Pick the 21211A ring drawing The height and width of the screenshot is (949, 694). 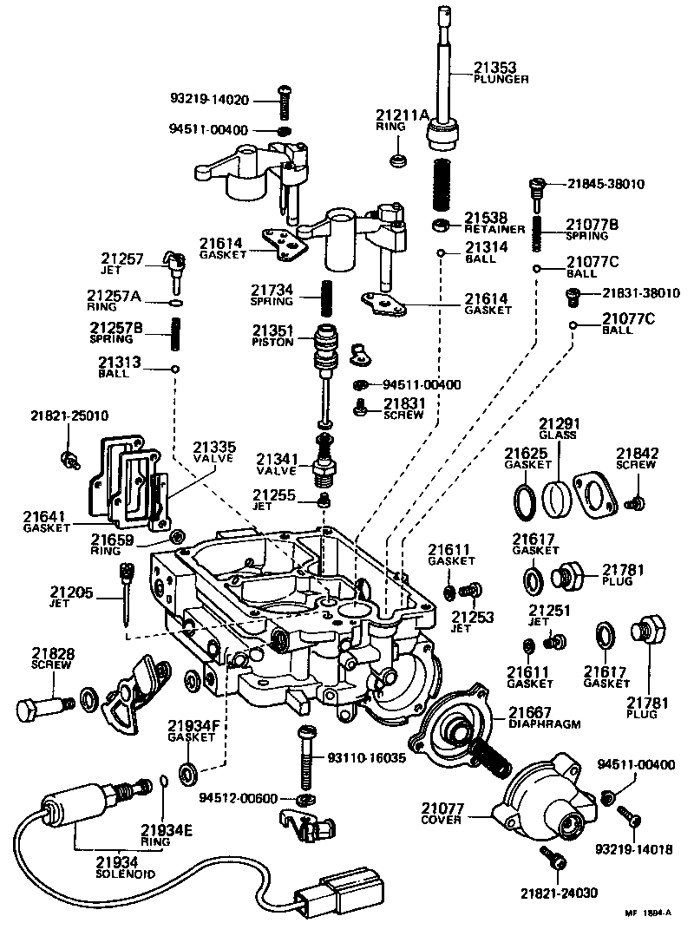click(399, 161)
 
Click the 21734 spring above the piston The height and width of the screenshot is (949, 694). click(328, 300)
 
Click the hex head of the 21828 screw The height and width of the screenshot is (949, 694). click(27, 710)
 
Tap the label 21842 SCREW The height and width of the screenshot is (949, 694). click(638, 458)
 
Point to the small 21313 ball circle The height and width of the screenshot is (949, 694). click(175, 369)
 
